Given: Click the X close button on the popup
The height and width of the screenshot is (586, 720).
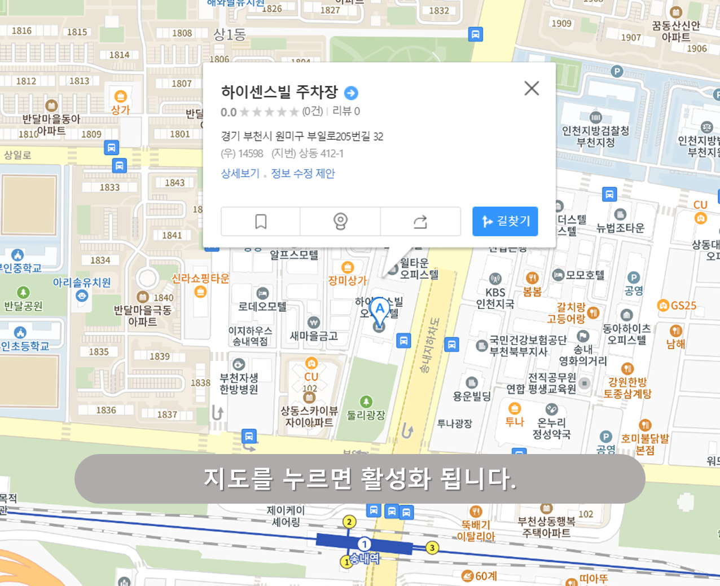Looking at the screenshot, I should click(532, 88).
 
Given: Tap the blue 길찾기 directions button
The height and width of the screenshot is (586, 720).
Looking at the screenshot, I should click(505, 221).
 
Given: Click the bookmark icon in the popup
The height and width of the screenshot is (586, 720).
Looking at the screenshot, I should click(261, 221).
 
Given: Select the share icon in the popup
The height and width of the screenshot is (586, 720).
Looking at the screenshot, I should click(420, 221).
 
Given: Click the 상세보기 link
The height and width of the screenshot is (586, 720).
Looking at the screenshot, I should click(240, 174).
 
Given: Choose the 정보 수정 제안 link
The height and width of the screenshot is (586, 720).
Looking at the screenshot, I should click(303, 174).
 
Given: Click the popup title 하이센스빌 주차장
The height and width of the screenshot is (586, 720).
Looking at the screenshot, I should click(279, 92).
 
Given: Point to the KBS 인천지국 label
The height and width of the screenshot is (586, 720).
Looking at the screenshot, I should click(495, 298).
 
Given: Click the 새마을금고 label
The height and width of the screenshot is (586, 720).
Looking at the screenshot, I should click(314, 336).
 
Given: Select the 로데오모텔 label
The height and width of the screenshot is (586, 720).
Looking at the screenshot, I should click(262, 306).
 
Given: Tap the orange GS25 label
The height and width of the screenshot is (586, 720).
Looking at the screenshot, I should click(683, 306).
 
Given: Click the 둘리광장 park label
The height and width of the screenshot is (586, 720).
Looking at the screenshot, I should click(366, 415).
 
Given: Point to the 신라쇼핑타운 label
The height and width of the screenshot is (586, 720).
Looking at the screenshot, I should click(200, 279).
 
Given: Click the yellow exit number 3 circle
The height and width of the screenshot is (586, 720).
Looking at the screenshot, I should click(432, 547).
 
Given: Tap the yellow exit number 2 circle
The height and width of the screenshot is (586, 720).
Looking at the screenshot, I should click(349, 522).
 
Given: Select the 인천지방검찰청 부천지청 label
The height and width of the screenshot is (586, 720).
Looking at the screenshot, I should click(595, 136).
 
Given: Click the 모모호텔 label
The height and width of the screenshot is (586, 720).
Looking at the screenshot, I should click(585, 275).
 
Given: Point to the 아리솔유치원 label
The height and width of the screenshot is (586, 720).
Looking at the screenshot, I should click(82, 283).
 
